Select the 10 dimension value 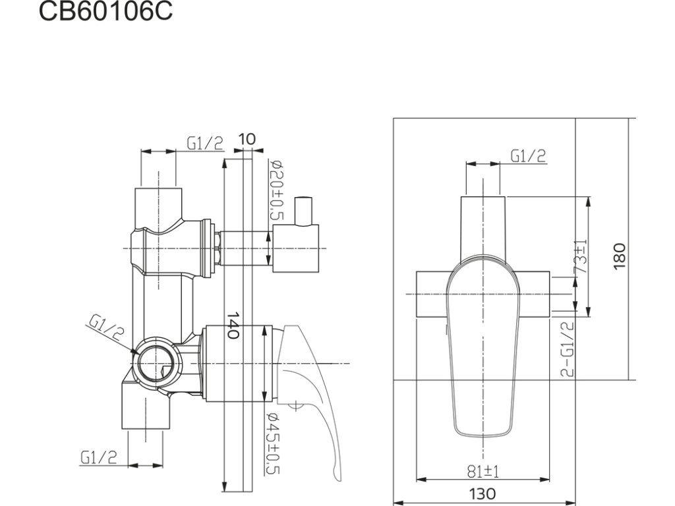(x=247, y=139)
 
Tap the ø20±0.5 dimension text (x=276, y=190)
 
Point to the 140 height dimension (x=233, y=325)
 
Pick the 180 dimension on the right (x=619, y=256)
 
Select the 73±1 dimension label (x=581, y=256)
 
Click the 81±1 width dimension (x=483, y=472)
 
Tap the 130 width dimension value (x=482, y=493)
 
